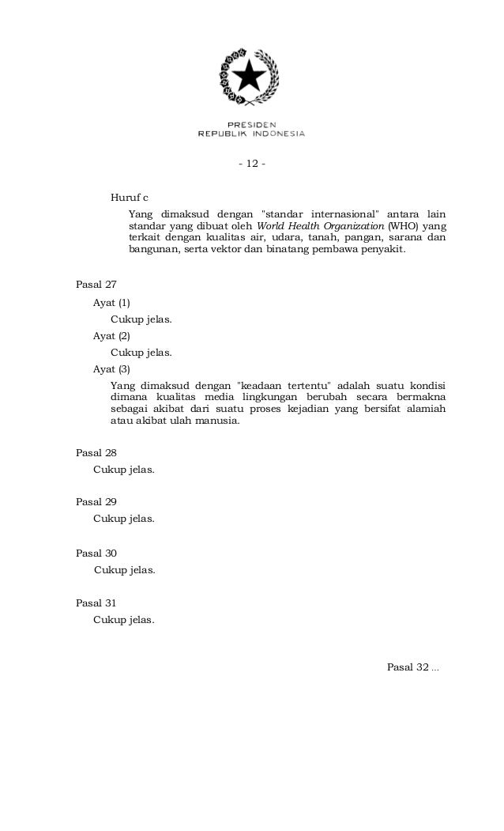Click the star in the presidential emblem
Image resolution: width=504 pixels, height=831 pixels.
[x=251, y=77]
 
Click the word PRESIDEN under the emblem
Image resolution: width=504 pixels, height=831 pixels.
[x=251, y=125]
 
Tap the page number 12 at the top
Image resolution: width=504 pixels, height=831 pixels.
[x=252, y=164]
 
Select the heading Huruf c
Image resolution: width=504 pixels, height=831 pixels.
[x=130, y=197]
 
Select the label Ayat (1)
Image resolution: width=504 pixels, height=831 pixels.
[x=111, y=303]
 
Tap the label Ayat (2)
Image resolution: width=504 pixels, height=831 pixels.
[x=111, y=336]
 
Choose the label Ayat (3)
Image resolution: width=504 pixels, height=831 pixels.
[x=111, y=369]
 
